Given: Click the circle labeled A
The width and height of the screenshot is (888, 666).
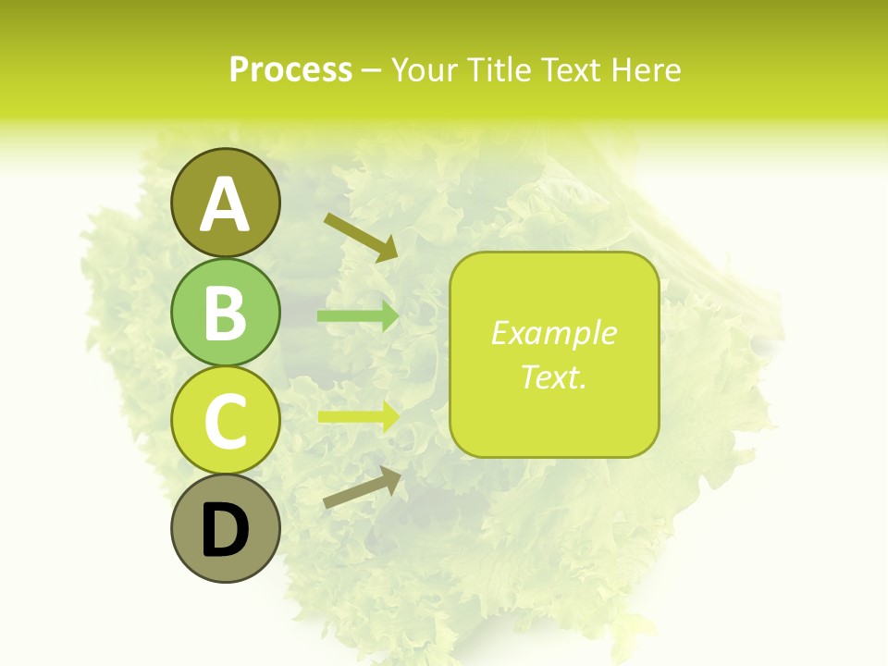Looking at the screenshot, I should pos(225,203).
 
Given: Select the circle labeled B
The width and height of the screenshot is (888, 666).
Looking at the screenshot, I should pos(225,312).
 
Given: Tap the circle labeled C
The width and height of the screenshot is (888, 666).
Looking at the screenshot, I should pos(225,421).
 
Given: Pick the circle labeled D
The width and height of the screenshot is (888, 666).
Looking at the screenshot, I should pos(225,530).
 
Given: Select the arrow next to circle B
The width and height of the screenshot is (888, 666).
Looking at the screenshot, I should pos(358,316).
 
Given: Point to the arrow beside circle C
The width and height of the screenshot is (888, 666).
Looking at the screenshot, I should pos(358,416).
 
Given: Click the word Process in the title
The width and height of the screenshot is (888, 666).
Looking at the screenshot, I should pos(290,70).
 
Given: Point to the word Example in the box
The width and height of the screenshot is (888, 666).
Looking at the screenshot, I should pos(553,333).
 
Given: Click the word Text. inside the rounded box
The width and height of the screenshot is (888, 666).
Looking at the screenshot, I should pos(553,376).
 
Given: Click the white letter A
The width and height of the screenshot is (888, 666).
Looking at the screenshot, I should pos(225,204).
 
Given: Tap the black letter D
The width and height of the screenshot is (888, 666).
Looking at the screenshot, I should pos(226,532).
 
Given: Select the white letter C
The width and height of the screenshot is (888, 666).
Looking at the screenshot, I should pos(225,422).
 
